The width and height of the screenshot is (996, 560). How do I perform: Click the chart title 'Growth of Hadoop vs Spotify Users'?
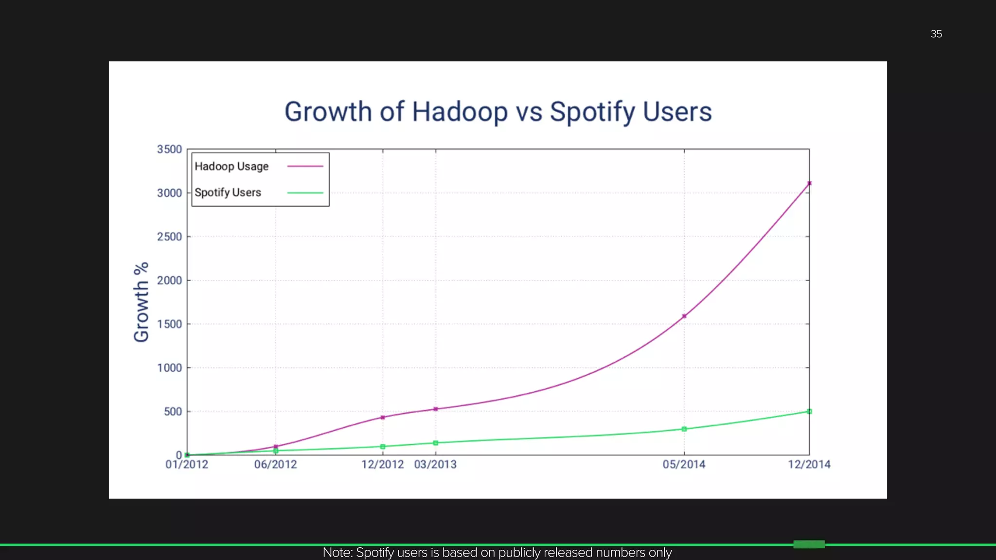coord(498,112)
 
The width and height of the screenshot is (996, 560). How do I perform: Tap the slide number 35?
coord(936,34)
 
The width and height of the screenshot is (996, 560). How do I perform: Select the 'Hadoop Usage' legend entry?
coord(231,166)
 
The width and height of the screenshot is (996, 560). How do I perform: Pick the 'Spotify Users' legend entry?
coord(228,192)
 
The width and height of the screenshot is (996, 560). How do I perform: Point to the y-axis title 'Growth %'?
coord(141,302)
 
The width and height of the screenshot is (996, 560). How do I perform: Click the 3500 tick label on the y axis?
coord(169,149)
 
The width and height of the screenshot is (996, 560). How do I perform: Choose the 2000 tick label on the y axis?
coord(169,280)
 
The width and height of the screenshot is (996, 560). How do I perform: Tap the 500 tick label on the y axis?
coord(173,412)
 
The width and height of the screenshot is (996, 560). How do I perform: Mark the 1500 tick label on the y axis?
coord(169,324)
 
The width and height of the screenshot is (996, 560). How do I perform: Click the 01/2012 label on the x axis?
coord(187,465)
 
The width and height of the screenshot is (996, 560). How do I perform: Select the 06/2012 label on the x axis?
coord(275,465)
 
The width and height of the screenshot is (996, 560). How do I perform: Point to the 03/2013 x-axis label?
coord(435,465)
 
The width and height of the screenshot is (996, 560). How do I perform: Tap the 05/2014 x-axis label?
coord(684,465)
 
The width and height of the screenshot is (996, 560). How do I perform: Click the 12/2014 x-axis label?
coord(809,465)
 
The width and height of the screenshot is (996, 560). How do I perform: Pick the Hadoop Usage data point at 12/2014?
coord(809,183)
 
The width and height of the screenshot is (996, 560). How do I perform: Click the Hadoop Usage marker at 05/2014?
coord(684,316)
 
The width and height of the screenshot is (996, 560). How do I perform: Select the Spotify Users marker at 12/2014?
coord(809,412)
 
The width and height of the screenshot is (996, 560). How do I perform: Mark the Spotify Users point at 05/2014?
coord(684,429)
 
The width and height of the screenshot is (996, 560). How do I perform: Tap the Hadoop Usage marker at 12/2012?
coord(383,418)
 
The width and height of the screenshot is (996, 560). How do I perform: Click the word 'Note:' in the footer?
coord(338,553)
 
